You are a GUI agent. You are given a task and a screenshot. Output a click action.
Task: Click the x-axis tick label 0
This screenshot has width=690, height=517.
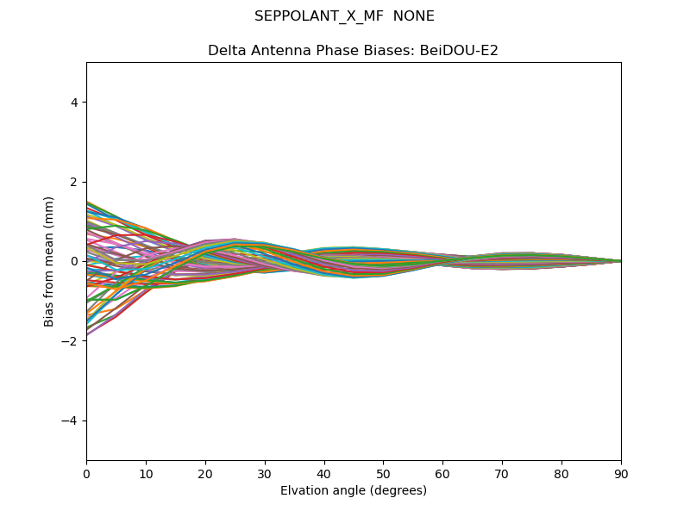(x=86, y=473)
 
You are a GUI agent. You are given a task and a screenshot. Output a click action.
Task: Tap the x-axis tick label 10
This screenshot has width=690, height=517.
(x=146, y=473)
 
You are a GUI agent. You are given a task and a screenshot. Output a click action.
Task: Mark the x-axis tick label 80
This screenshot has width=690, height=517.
(x=561, y=473)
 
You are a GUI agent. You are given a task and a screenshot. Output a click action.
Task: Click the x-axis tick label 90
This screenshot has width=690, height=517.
(x=621, y=473)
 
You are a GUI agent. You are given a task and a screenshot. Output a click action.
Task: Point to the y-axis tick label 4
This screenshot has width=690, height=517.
(x=75, y=103)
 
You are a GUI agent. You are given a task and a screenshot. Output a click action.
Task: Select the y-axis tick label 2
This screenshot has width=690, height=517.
(x=75, y=182)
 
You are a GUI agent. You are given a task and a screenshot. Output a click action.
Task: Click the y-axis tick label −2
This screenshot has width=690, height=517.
(x=72, y=341)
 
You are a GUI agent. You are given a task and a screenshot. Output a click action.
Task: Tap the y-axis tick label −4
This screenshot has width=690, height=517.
(x=72, y=420)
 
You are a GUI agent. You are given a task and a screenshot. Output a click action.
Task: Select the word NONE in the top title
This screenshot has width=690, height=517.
(x=414, y=16)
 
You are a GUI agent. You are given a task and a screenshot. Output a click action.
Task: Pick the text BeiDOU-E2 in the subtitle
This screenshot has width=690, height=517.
(x=459, y=51)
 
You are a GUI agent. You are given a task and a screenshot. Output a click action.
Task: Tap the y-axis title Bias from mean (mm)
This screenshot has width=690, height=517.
(x=49, y=261)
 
